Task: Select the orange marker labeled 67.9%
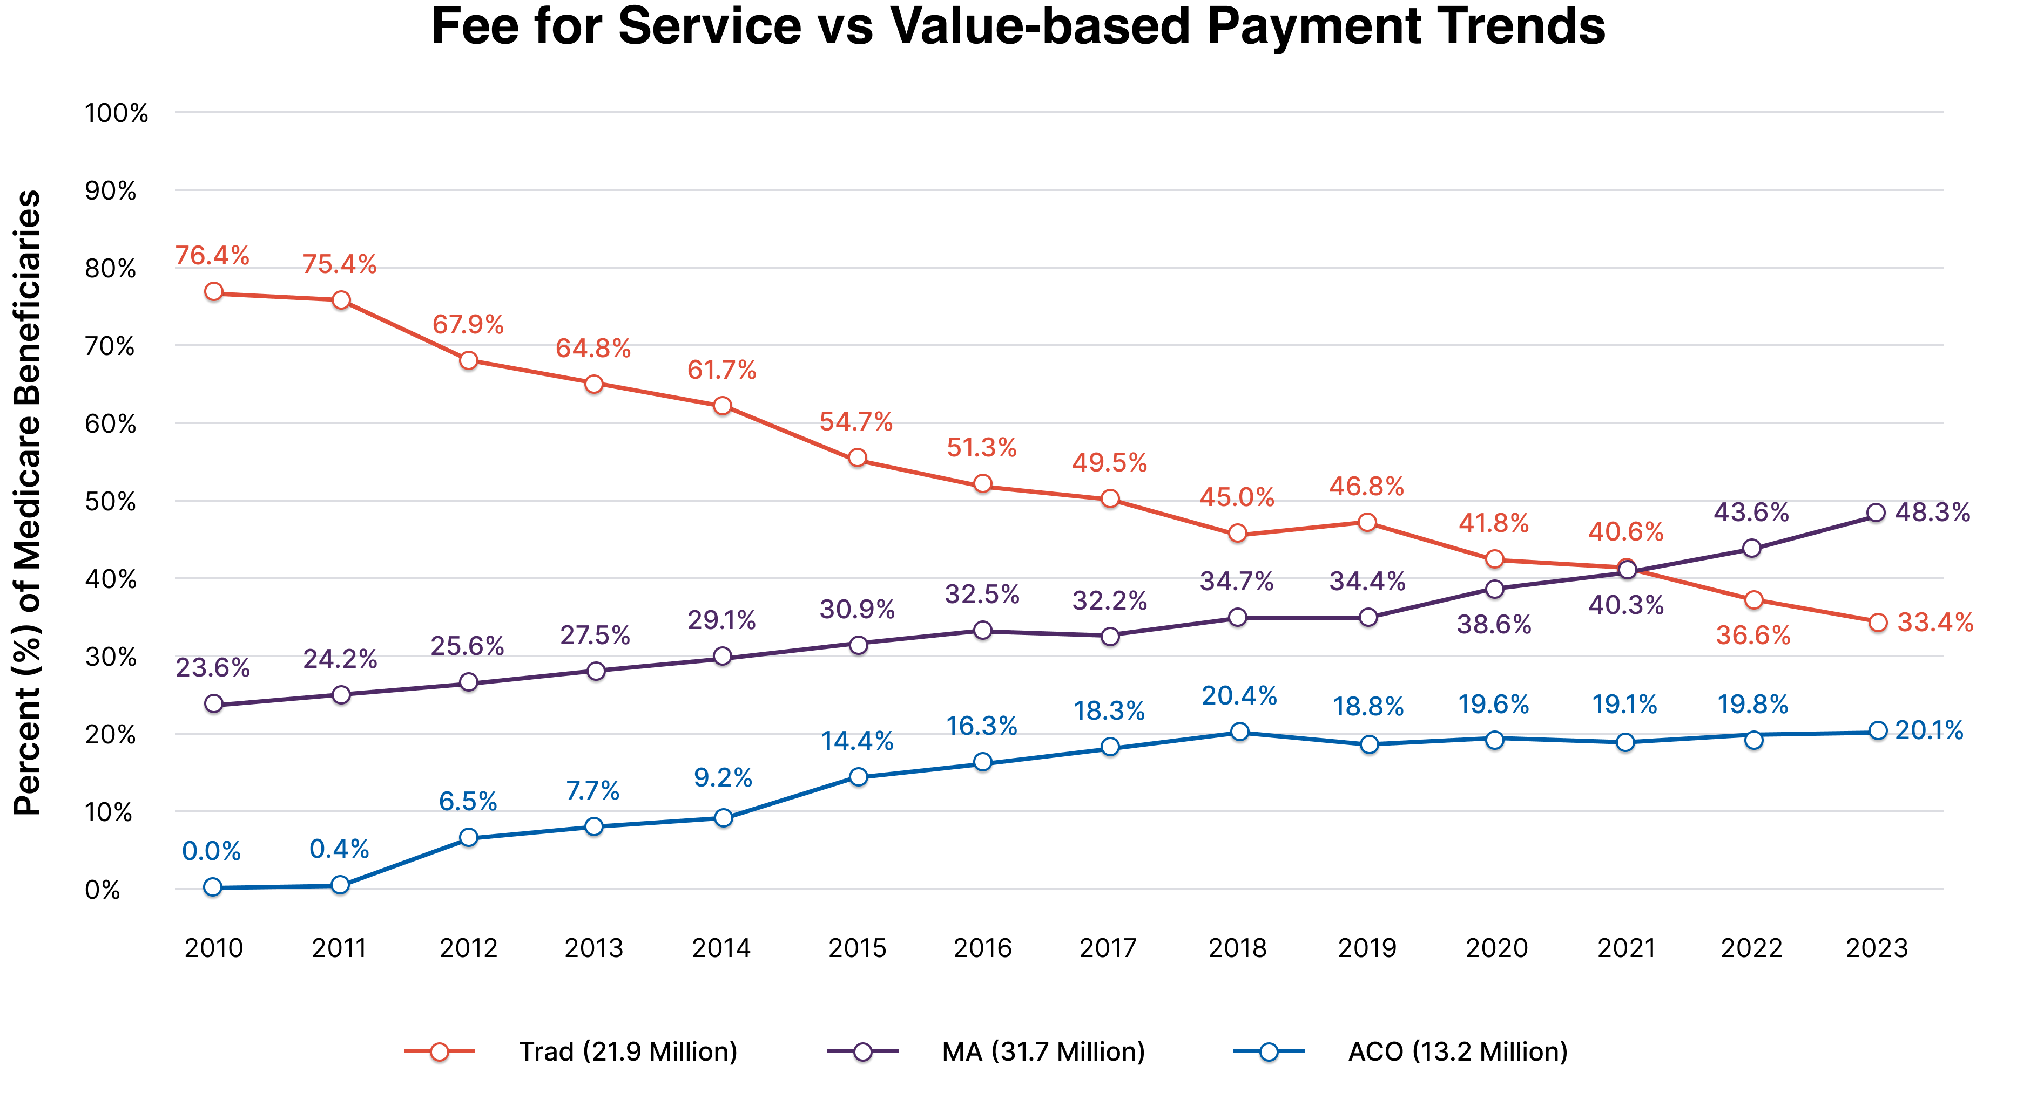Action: tap(468, 360)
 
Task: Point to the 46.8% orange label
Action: tap(1366, 486)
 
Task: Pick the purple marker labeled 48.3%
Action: tap(1876, 513)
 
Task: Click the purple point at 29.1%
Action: tap(722, 656)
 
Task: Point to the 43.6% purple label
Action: tap(1751, 513)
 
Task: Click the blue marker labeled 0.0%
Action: tap(212, 887)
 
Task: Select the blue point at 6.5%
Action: tap(468, 837)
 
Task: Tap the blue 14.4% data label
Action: tap(857, 741)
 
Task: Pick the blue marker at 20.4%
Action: tap(1240, 732)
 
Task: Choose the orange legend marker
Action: tap(439, 1052)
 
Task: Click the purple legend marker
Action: tap(863, 1052)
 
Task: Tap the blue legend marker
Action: tap(1269, 1052)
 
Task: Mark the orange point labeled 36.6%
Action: tap(1753, 600)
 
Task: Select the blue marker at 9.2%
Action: tap(723, 817)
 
